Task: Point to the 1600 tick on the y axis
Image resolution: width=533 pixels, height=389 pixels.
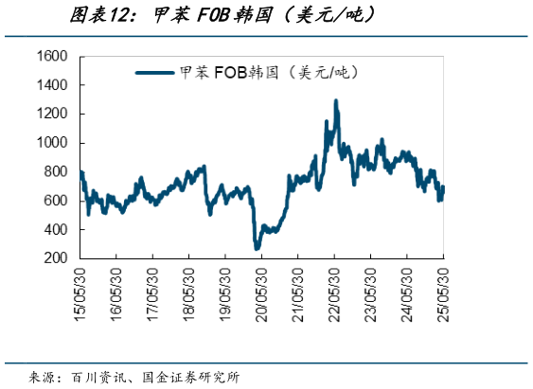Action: (x=52, y=57)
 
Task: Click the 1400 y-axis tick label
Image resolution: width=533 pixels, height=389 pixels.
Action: (x=52, y=85)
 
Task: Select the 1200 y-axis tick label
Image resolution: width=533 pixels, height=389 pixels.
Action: (x=52, y=115)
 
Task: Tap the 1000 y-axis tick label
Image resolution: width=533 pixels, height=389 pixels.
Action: (x=52, y=143)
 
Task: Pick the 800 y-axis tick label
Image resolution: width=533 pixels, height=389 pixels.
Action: (x=57, y=172)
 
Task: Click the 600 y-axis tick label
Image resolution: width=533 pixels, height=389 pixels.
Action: (x=57, y=201)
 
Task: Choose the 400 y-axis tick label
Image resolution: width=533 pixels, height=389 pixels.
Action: (x=57, y=230)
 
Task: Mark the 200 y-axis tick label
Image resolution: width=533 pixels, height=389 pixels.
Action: (x=57, y=258)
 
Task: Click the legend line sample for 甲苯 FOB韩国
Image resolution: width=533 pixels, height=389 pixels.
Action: (x=156, y=72)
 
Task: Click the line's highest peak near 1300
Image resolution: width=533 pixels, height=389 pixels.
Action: (x=336, y=100)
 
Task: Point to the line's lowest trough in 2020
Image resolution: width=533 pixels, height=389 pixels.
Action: (x=257, y=248)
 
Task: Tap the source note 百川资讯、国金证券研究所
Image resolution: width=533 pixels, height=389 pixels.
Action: (x=156, y=377)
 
